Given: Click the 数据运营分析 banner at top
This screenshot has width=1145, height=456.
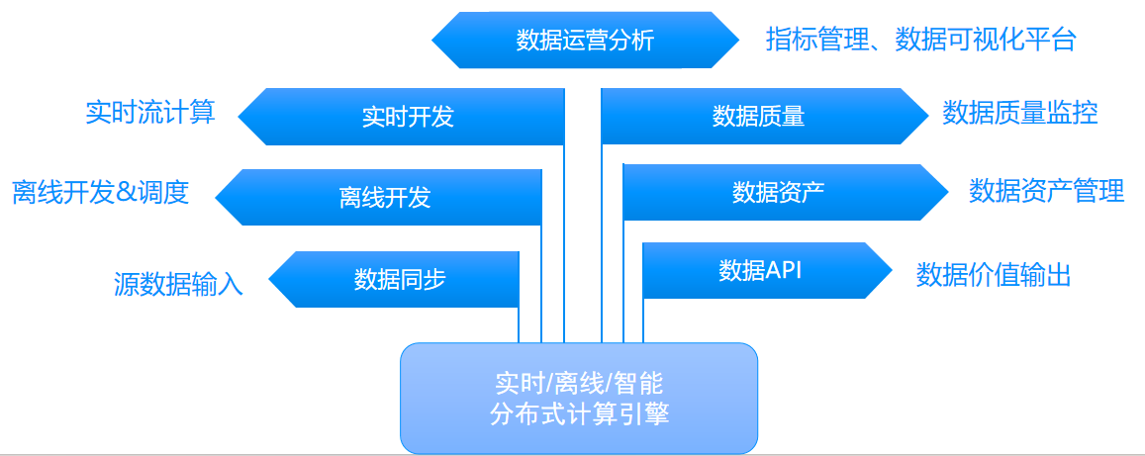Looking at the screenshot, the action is (586, 41).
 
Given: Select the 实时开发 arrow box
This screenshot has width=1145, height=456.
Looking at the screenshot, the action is (402, 117).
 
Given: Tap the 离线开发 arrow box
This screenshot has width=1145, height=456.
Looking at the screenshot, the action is (378, 197).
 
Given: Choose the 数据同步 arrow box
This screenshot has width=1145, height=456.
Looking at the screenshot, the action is (394, 280).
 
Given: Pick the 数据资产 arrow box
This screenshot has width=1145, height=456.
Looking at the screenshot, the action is (786, 192).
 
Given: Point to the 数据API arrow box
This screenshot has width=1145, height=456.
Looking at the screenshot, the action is (768, 271).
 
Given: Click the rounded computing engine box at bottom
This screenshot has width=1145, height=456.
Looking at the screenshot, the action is (578, 399).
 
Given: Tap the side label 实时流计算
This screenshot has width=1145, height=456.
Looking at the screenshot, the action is (150, 113).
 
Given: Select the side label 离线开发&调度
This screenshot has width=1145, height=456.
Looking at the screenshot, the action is (100, 193).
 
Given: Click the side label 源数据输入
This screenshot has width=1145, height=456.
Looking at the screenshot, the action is (178, 284).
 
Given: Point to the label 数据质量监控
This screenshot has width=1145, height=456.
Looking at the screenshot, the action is (1020, 113).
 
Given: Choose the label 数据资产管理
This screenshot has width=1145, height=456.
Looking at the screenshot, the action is (1046, 191).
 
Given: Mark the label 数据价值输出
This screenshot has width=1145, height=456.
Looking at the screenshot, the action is (994, 275).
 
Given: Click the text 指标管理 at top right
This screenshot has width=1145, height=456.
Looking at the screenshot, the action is (817, 40).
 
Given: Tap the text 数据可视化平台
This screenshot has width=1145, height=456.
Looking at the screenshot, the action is (985, 40).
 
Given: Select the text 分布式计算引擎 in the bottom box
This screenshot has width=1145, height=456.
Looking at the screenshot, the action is (578, 415).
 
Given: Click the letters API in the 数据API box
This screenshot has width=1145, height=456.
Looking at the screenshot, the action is (784, 271).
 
